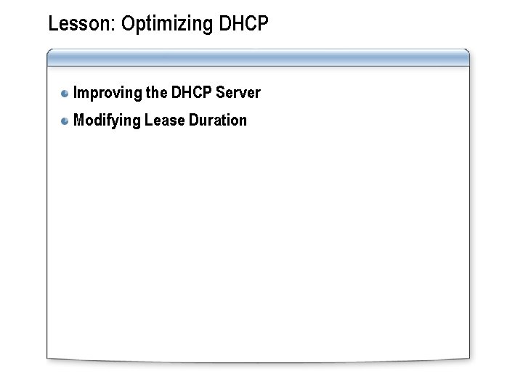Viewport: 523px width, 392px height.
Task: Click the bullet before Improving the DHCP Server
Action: pos(65,94)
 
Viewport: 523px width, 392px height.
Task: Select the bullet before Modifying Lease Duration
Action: pos(65,121)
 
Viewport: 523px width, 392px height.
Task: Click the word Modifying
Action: pos(107,121)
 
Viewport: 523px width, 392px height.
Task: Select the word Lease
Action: pos(164,120)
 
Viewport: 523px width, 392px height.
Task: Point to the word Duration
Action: pos(218,120)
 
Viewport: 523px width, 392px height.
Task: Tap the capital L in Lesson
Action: pos(52,24)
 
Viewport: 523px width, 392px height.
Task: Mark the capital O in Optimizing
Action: pos(128,24)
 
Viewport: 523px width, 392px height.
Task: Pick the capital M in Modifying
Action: pos(79,120)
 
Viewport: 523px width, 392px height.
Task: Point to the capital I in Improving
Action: pos(76,93)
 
